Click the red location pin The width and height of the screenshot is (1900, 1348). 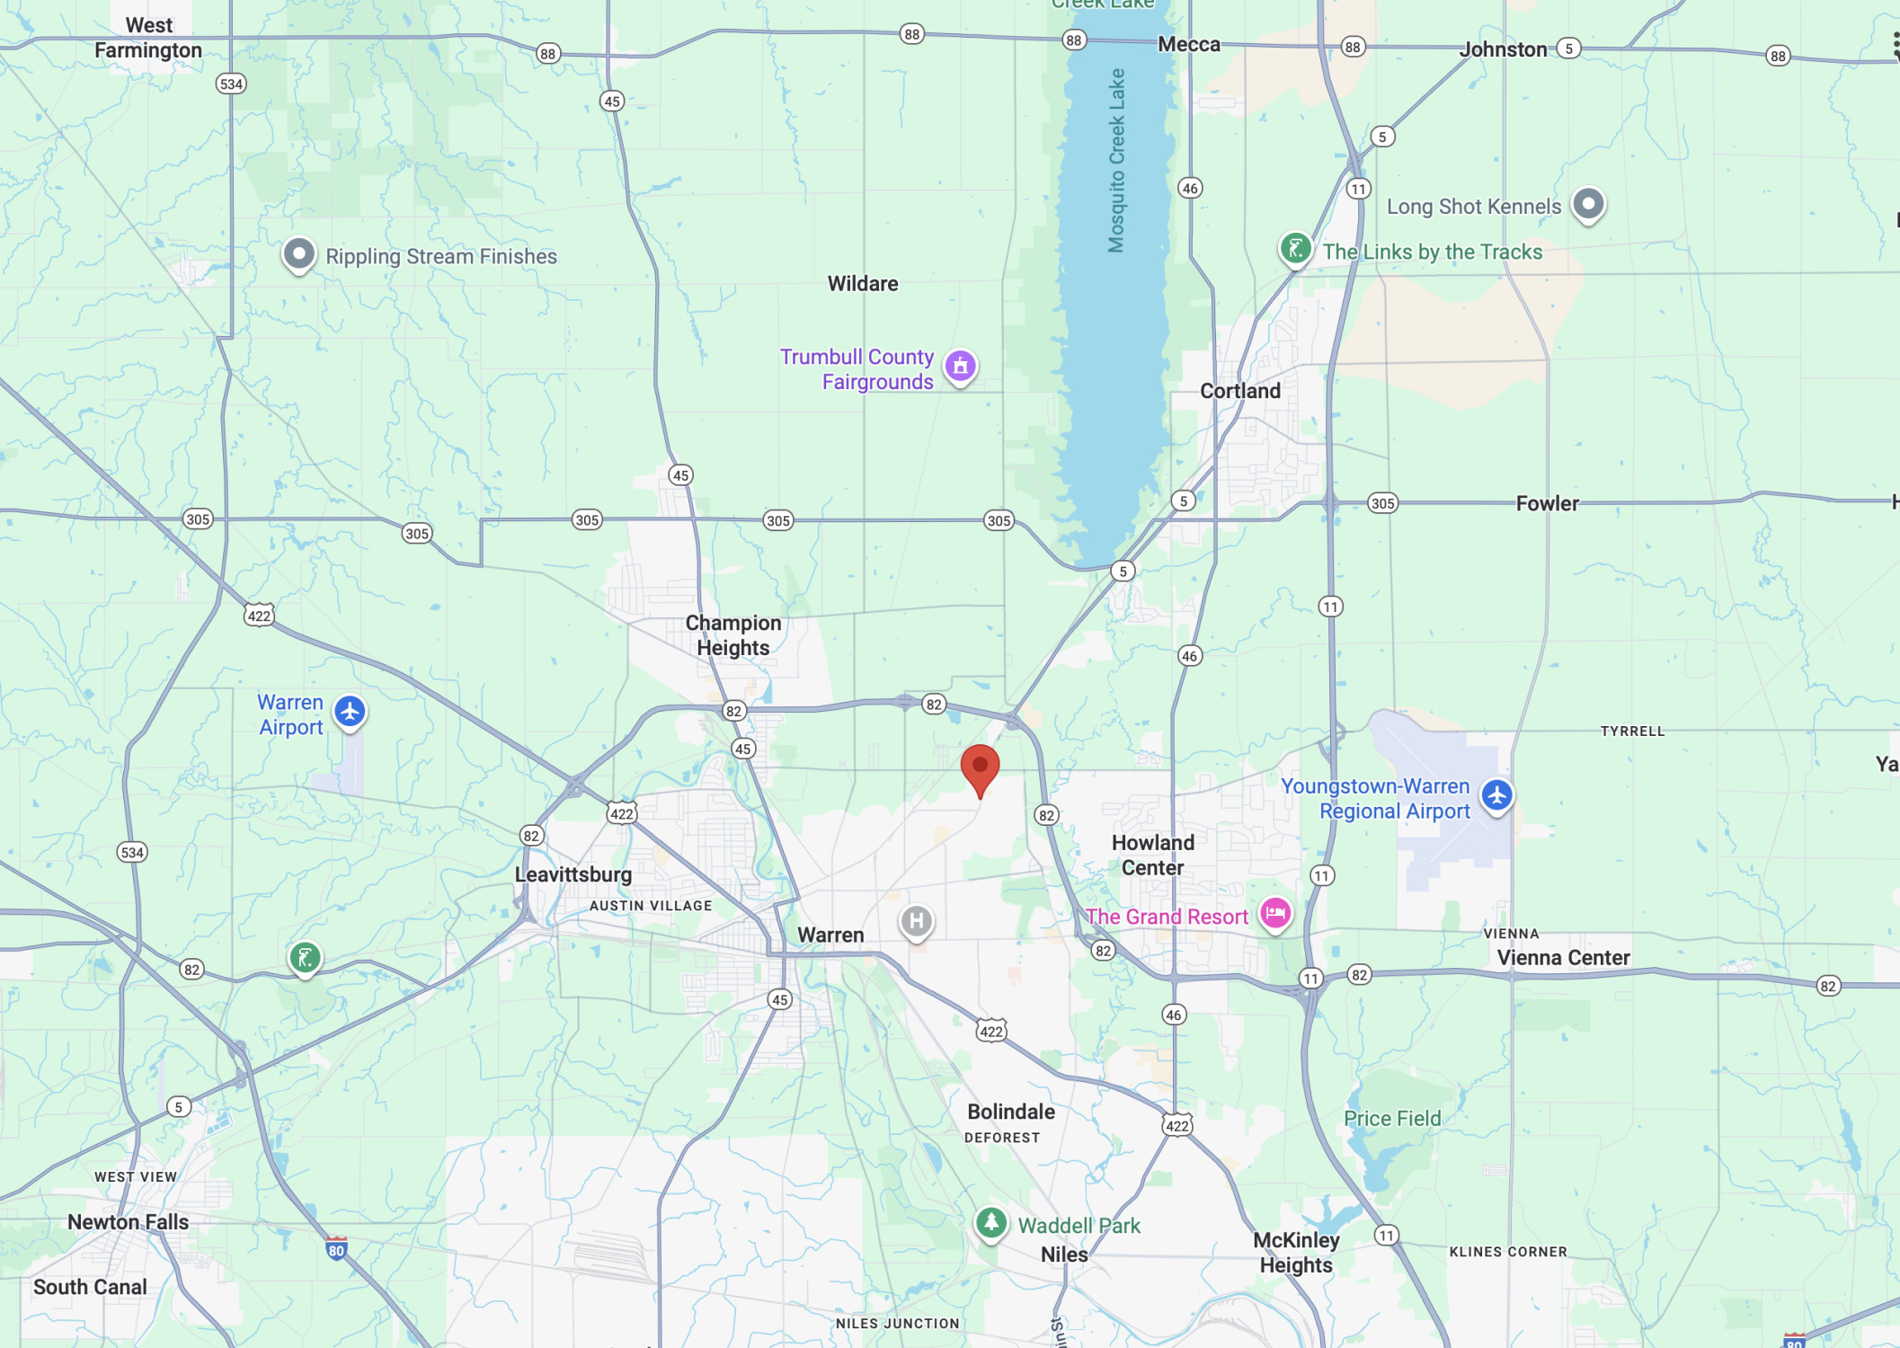coord(980,768)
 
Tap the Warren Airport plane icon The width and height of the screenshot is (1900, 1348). coord(350,712)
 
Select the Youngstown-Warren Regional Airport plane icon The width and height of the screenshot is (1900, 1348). coord(1496,795)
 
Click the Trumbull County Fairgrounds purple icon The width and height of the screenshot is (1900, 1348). coord(960,366)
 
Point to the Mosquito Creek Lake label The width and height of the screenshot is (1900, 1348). coord(1116,160)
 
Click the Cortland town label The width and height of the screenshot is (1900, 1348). coord(1239,391)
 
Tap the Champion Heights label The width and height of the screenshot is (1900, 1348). coord(733,635)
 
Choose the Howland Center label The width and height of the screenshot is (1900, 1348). coord(1153,855)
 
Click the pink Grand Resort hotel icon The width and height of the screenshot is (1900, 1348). coord(1274,914)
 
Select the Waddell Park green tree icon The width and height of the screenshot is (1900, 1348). coord(990,1222)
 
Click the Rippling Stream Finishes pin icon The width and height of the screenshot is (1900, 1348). coord(298,254)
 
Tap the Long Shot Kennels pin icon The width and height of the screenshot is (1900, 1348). coord(1588,204)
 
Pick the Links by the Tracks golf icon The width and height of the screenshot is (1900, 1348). coord(1295,248)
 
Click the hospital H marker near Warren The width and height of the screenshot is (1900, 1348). coord(916,921)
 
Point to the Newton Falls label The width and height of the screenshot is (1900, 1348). coord(129,1222)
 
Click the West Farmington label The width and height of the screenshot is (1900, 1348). coord(148,38)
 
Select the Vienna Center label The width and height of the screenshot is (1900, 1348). coord(1563,958)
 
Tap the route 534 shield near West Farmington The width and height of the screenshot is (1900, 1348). coord(231,84)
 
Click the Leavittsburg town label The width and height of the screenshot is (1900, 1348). coord(573,874)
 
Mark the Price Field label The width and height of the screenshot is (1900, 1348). coord(1392,1119)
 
